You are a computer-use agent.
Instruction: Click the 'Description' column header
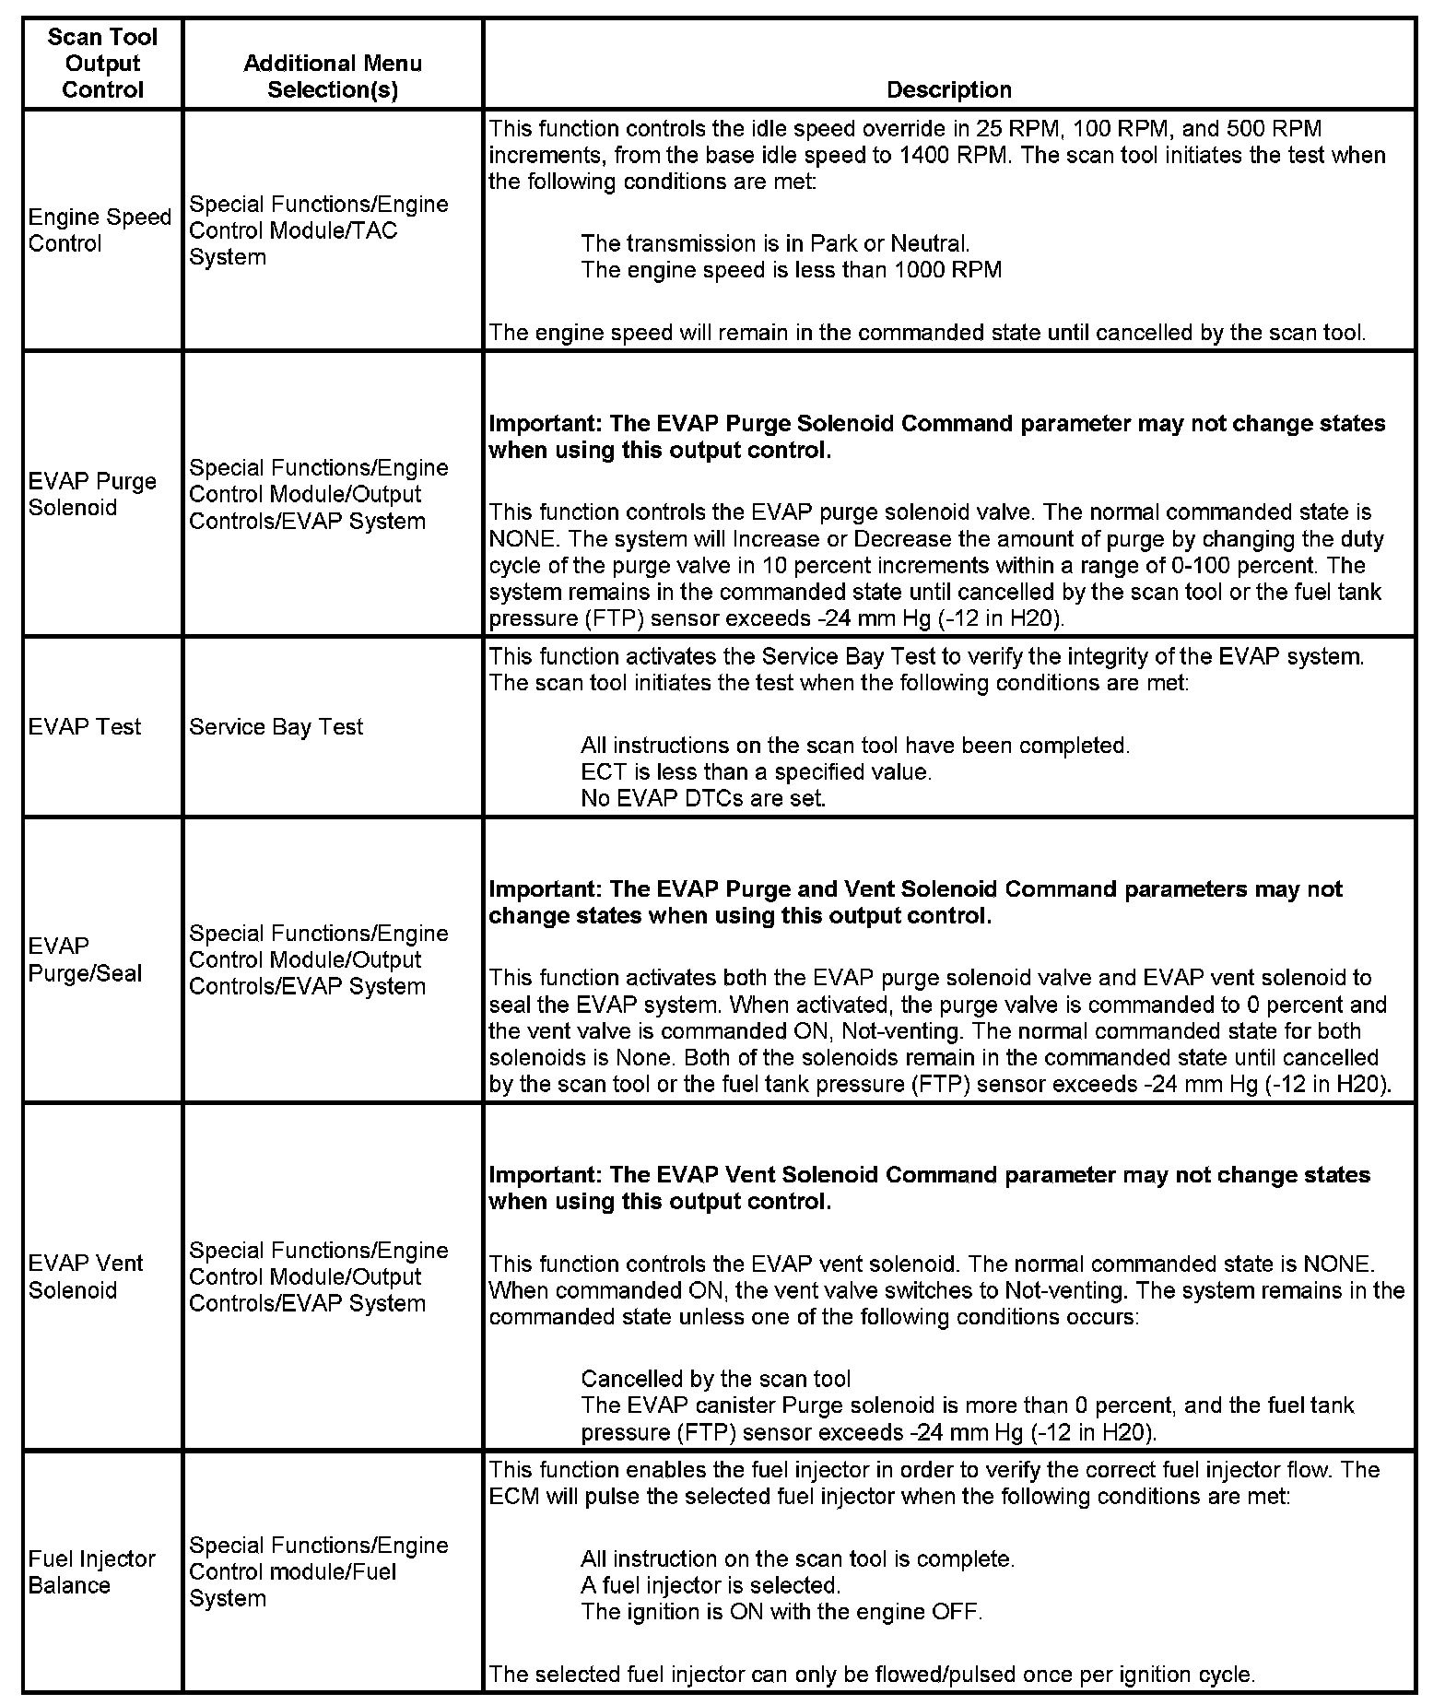[948, 89]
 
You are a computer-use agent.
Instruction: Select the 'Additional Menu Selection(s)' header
[333, 76]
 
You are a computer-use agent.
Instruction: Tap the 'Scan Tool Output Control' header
[102, 64]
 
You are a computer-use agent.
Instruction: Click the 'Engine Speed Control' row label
[100, 230]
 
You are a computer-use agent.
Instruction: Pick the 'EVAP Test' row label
[85, 726]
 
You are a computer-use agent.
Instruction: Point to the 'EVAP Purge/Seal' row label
[86, 959]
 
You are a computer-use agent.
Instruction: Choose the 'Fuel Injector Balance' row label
[92, 1571]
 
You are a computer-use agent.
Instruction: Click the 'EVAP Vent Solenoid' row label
[86, 1276]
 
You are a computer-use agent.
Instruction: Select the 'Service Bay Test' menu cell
[276, 726]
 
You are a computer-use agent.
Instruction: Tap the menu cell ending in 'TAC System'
[318, 230]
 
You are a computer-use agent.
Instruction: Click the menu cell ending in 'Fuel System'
[318, 1571]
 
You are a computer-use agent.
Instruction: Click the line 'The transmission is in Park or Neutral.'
[775, 243]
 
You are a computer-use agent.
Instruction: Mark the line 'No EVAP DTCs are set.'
[703, 798]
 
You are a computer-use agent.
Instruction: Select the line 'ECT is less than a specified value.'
[757, 771]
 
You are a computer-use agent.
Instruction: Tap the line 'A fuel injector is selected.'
[711, 1585]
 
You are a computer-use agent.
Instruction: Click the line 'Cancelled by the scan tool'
[716, 1379]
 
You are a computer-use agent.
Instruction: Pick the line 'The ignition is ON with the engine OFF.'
[781, 1612]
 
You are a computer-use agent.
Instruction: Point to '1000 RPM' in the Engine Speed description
[947, 270]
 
